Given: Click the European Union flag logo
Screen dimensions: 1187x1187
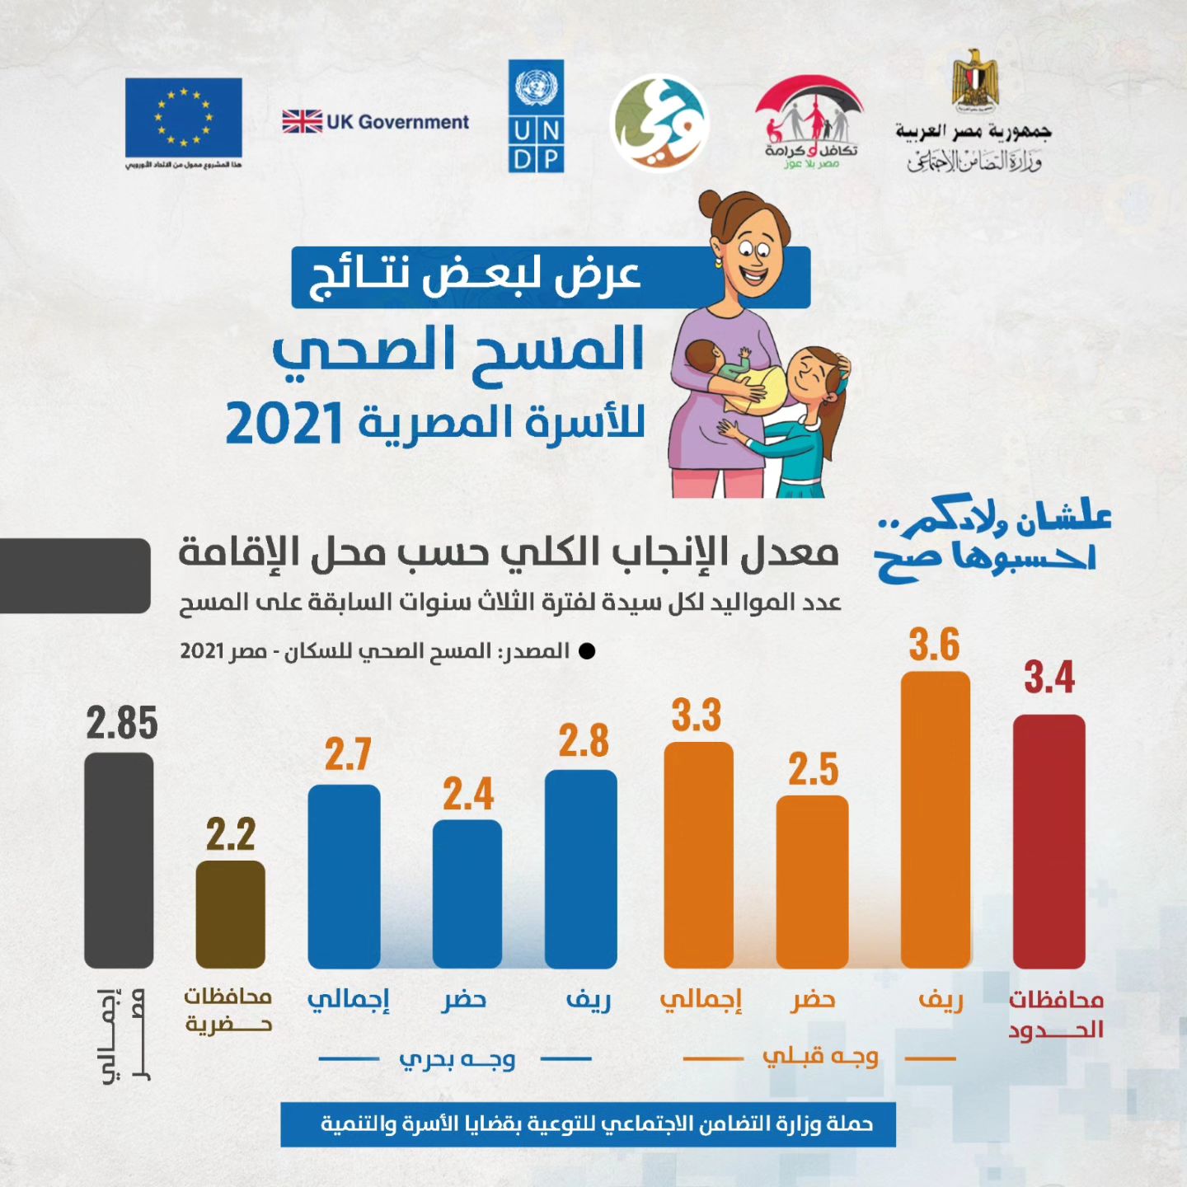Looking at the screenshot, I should pyautogui.click(x=183, y=117).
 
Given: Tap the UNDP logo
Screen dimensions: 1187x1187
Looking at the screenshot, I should pyautogui.click(x=536, y=116).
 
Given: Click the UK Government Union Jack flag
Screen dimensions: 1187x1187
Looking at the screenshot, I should pyautogui.click(x=302, y=122).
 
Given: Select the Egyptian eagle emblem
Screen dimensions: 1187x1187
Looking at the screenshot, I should pyautogui.click(x=975, y=80).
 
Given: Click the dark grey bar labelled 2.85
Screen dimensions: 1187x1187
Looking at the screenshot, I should pyautogui.click(x=119, y=860).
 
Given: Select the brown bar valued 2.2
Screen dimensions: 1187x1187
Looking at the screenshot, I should pyautogui.click(x=230, y=914).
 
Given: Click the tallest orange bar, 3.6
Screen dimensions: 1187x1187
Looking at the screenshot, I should pyautogui.click(x=935, y=819).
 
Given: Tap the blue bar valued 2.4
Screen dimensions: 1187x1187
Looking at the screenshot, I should pyautogui.click(x=467, y=894).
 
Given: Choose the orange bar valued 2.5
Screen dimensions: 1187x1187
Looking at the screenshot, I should pyautogui.click(x=812, y=881).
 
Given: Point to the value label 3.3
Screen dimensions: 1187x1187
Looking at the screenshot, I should pyautogui.click(x=697, y=715).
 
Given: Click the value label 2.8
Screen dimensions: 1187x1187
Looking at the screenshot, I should pyautogui.click(x=584, y=741).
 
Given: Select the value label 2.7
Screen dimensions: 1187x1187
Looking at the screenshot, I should pyautogui.click(x=348, y=755).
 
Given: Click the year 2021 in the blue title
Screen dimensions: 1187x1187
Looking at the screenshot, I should pyautogui.click(x=284, y=425).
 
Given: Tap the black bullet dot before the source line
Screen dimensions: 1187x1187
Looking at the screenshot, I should pyautogui.click(x=587, y=651).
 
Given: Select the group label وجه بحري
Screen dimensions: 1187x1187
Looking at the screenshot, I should pyautogui.click(x=457, y=1059).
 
